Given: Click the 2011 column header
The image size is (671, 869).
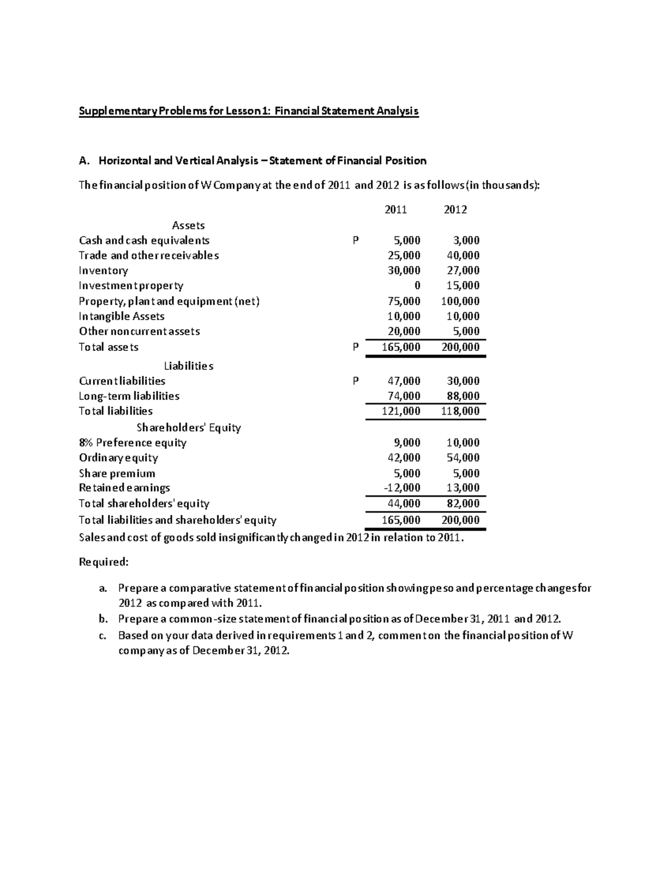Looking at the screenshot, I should (x=396, y=210).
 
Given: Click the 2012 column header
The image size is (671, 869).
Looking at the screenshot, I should (x=455, y=210).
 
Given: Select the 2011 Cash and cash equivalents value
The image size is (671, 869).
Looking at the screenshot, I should (x=407, y=241).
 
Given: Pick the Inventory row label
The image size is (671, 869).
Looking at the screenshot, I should (x=103, y=271).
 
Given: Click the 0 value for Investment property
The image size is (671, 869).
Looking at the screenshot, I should (x=417, y=286).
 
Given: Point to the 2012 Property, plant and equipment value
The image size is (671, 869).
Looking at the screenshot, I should (x=460, y=301).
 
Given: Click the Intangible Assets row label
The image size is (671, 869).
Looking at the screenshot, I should (x=122, y=316).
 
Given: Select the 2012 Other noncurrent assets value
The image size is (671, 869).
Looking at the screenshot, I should (x=466, y=331).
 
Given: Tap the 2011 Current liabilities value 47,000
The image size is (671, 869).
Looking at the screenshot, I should (x=404, y=381).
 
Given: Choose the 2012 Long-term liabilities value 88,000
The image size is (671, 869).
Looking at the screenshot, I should (x=463, y=396).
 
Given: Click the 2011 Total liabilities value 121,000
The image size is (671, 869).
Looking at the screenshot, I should (x=401, y=411).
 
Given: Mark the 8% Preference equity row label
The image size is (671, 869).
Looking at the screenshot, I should (x=133, y=443).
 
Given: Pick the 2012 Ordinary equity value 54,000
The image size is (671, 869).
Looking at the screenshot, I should (x=463, y=458).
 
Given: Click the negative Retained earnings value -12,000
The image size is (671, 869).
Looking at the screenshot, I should (x=402, y=488).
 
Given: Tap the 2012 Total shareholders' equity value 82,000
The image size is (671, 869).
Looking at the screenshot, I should (x=463, y=504).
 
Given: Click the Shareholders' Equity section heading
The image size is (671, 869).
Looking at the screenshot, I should (x=189, y=428).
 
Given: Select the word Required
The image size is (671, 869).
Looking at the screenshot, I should (x=103, y=562).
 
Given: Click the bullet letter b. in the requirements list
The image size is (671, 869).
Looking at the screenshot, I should (x=102, y=619).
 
